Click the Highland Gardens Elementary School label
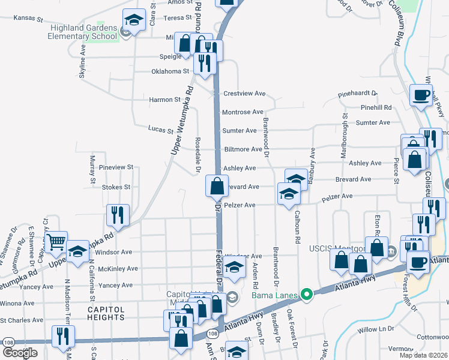pyautogui.click(x=83, y=32)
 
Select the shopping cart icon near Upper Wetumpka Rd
pyautogui.click(x=56, y=242)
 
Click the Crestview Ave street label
pyautogui.click(x=244, y=94)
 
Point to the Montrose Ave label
pyautogui.click(x=243, y=112)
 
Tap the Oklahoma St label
pyautogui.click(x=170, y=71)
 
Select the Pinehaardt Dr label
pyautogui.click(x=357, y=94)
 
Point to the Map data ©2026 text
pyautogui.click(x=423, y=355)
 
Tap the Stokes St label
pyautogui.click(x=116, y=187)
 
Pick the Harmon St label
pyautogui.click(x=164, y=100)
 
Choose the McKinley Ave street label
pyautogui.click(x=118, y=269)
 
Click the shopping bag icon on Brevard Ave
pyautogui.click(x=216, y=185)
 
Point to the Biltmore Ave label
pyautogui.click(x=243, y=149)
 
